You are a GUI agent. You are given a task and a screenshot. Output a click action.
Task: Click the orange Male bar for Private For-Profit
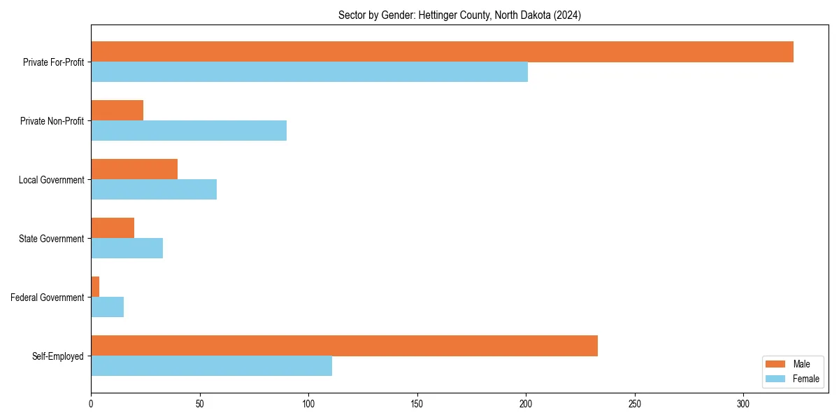(x=442, y=52)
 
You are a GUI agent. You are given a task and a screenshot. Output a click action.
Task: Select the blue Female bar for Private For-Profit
(x=309, y=72)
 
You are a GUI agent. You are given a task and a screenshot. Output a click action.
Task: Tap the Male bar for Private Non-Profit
(x=117, y=111)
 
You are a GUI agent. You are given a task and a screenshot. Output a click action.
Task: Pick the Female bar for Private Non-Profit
(x=189, y=131)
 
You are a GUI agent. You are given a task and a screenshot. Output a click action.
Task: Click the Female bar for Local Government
(x=154, y=190)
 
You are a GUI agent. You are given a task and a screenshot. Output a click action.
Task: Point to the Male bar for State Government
(x=113, y=228)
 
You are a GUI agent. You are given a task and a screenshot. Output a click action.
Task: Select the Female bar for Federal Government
(x=107, y=307)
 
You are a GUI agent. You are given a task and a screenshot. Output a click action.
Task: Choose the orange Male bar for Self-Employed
(x=344, y=346)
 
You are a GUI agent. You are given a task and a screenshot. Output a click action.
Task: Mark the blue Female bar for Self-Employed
(x=211, y=366)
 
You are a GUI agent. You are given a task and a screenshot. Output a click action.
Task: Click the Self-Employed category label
(x=57, y=356)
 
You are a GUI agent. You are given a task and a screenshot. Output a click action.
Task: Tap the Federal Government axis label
(x=47, y=297)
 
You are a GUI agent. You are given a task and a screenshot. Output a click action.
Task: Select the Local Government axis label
(x=51, y=180)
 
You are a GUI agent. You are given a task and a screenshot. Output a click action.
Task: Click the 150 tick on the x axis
(x=417, y=404)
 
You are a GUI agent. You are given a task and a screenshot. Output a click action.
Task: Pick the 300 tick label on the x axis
(x=743, y=404)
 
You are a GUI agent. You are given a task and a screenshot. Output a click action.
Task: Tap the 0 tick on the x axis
(x=91, y=404)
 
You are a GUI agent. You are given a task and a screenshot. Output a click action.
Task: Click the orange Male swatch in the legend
(x=775, y=364)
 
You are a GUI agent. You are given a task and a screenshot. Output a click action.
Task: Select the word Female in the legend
(x=805, y=379)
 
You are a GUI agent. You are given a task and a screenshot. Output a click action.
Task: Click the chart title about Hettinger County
(x=459, y=15)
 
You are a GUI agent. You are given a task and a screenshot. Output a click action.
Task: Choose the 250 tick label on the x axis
(x=635, y=404)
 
